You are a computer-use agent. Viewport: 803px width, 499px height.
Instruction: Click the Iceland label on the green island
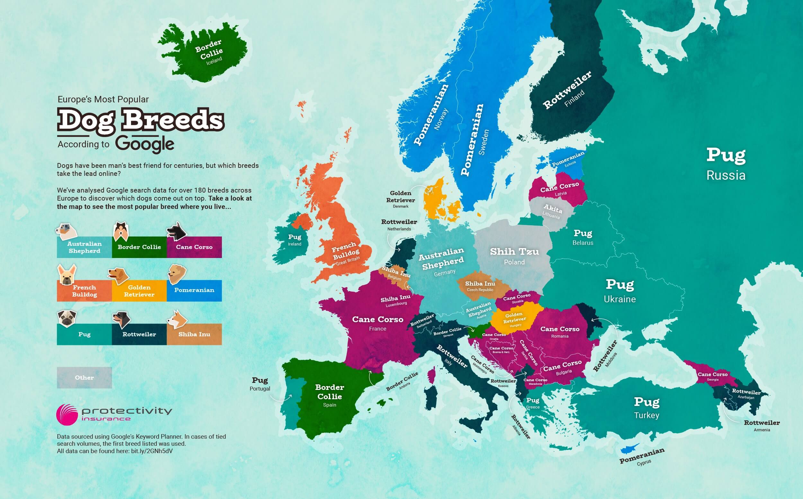coord(214,61)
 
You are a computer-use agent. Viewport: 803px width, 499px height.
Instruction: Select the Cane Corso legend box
coord(194,247)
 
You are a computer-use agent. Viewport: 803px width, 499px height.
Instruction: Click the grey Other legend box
coord(84,378)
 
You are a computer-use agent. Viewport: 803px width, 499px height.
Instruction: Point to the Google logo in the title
coord(145,144)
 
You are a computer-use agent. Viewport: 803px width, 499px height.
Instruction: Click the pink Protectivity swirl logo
coord(67,415)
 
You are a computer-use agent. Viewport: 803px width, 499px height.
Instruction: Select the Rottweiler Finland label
coord(567,90)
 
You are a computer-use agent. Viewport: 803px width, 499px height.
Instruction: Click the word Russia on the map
coord(726,175)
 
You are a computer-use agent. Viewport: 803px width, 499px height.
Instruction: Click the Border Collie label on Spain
coord(330,392)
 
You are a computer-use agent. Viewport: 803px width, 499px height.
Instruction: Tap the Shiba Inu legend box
coord(194,334)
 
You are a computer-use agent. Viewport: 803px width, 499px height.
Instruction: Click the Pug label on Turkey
coord(647,402)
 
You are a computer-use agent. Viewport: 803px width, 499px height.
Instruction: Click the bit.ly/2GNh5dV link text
coord(152,451)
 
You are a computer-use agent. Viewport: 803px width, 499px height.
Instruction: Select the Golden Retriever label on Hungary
coord(514,318)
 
